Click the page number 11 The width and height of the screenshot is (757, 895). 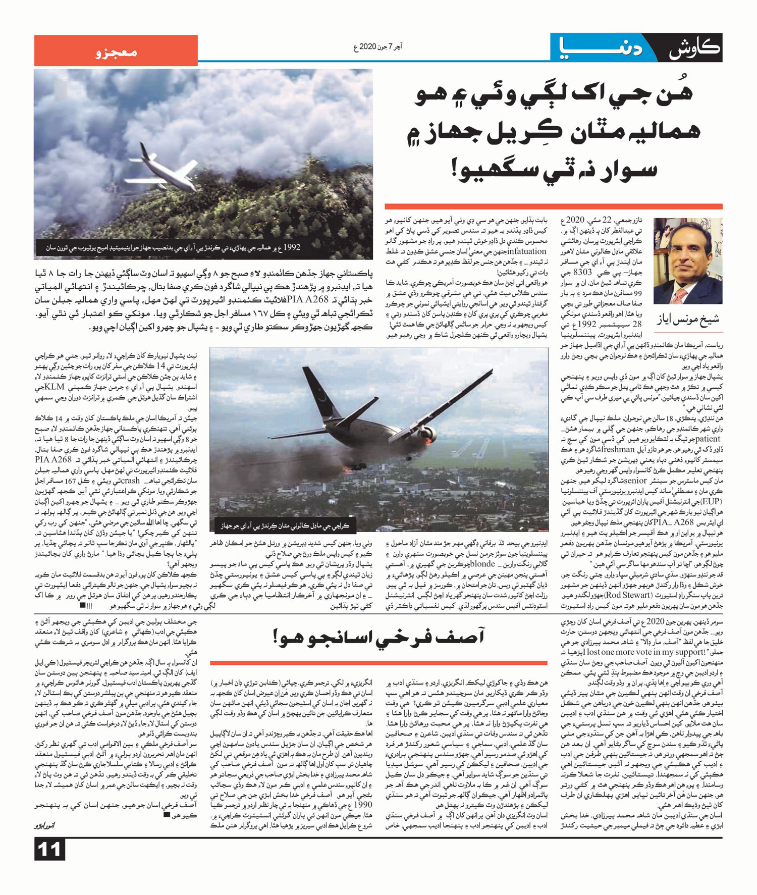[x=49, y=850]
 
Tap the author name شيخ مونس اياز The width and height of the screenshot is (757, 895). [x=688, y=319]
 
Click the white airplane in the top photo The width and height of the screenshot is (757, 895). [x=164, y=173]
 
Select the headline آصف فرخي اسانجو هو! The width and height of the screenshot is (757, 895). [x=379, y=637]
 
